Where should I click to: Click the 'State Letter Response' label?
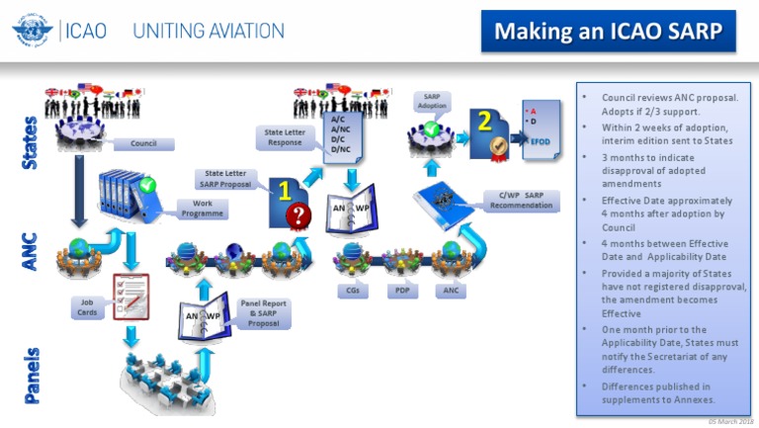tap(286, 136)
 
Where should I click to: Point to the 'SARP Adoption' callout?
tap(432, 101)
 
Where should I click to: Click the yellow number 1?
tap(283, 189)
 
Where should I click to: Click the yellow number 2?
tap(485, 121)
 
